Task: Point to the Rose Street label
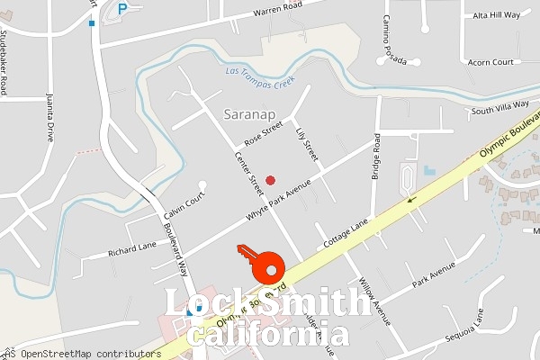click(264, 134)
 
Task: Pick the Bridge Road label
click(376, 157)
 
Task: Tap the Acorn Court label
click(490, 62)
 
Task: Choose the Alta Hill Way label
click(497, 15)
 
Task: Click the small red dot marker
click(270, 180)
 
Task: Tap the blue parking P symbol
click(122, 9)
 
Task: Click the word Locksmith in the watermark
click(267, 304)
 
